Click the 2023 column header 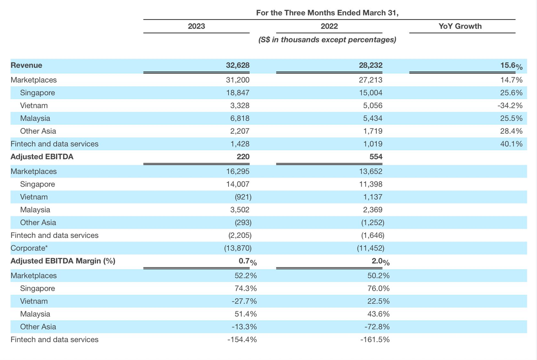click(196, 26)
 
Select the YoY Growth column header click(460, 26)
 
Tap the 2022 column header click(329, 26)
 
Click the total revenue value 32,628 click(238, 65)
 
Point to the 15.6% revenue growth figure click(511, 66)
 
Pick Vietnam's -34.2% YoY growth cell click(510, 106)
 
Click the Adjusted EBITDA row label click(42, 157)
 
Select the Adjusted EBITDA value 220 click(243, 157)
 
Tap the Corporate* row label click(29, 248)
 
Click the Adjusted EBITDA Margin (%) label click(63, 261)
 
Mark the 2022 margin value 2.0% click(381, 261)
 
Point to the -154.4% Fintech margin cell click(242, 339)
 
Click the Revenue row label click(26, 65)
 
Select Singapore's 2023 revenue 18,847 click(238, 93)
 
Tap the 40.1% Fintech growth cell click(511, 144)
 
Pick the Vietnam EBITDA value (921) click(243, 197)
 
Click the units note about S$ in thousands click(327, 39)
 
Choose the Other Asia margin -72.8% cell click(377, 327)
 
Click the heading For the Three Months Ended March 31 click(327, 13)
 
